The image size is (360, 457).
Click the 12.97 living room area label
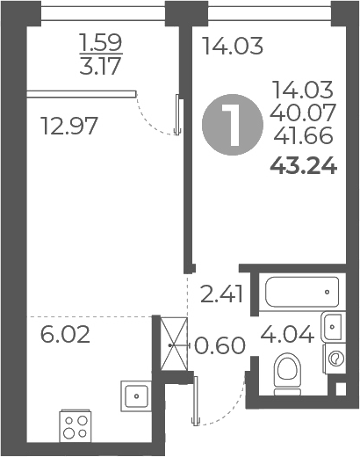tap(68, 126)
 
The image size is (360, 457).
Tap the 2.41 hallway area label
tap(220, 293)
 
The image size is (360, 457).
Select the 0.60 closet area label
tap(220, 345)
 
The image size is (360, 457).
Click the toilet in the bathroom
tap(286, 370)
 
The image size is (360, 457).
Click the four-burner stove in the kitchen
tap(76, 428)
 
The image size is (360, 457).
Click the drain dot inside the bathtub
tap(328, 288)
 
